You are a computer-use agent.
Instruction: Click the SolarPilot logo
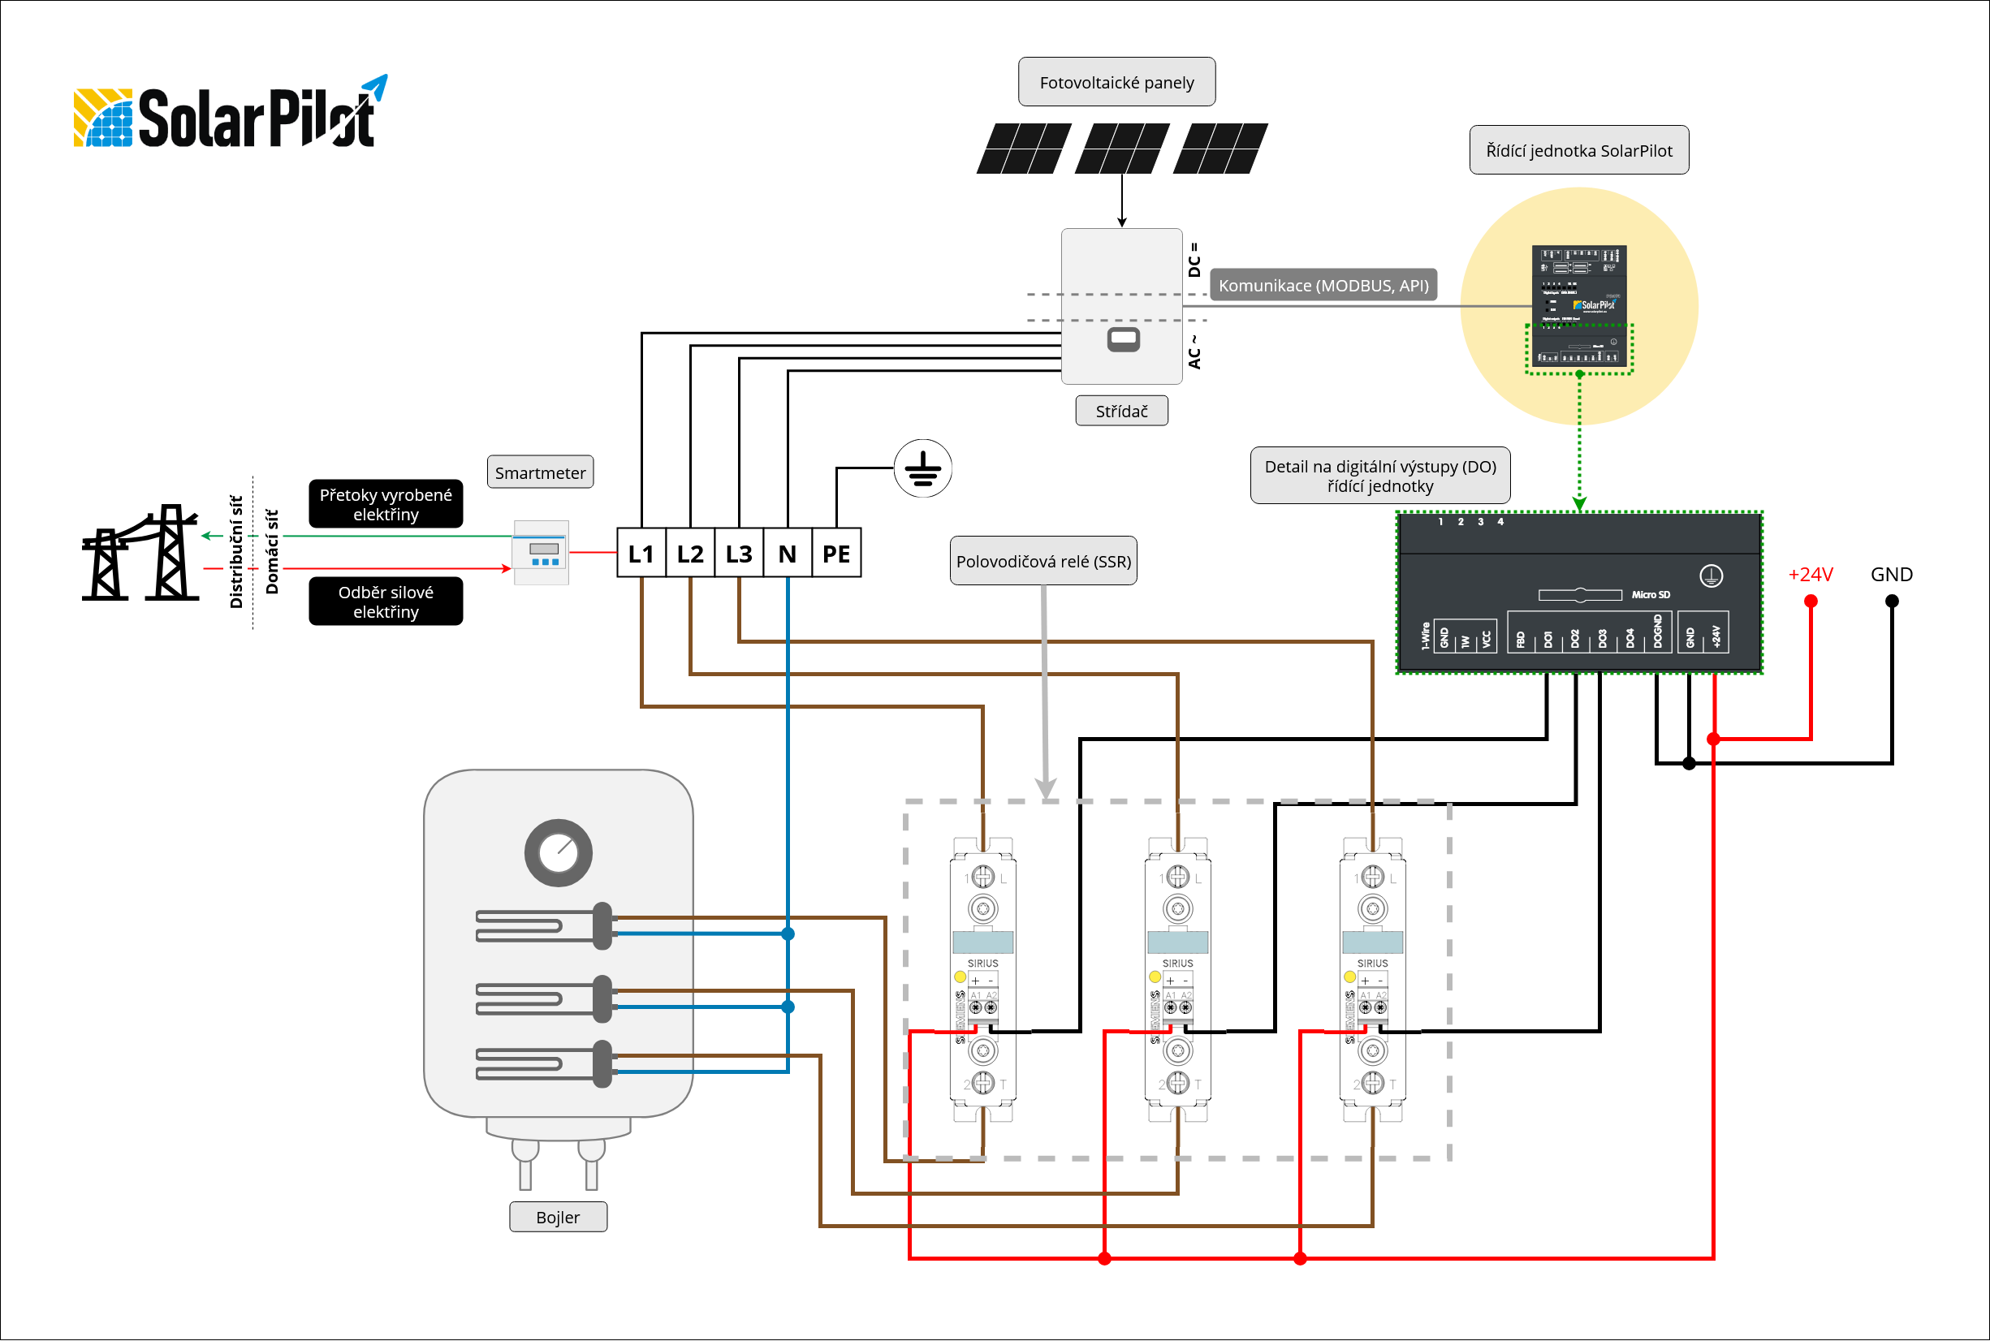229,115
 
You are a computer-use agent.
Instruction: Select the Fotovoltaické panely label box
1116,82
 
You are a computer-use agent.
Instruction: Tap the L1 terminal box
641,554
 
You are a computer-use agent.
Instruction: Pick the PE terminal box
835,554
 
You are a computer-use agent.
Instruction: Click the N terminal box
787,554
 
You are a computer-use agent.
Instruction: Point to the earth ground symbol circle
922,468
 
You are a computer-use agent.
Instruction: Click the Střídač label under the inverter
1121,411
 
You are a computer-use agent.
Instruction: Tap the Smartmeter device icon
541,553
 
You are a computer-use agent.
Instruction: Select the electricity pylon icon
140,553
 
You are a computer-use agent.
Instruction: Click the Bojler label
558,1217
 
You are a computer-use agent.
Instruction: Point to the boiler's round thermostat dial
558,852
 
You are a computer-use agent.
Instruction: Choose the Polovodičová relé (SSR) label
1043,561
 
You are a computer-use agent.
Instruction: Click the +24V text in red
1811,575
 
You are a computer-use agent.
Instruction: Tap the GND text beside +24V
1891,575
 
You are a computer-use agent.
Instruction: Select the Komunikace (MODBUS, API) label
1323,286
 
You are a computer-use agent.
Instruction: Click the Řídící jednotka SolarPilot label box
1578,150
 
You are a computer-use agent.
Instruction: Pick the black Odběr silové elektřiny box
386,602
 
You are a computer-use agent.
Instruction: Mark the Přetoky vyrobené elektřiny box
386,504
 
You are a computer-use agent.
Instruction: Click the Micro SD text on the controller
1650,595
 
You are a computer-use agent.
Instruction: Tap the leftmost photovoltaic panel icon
1023,149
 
